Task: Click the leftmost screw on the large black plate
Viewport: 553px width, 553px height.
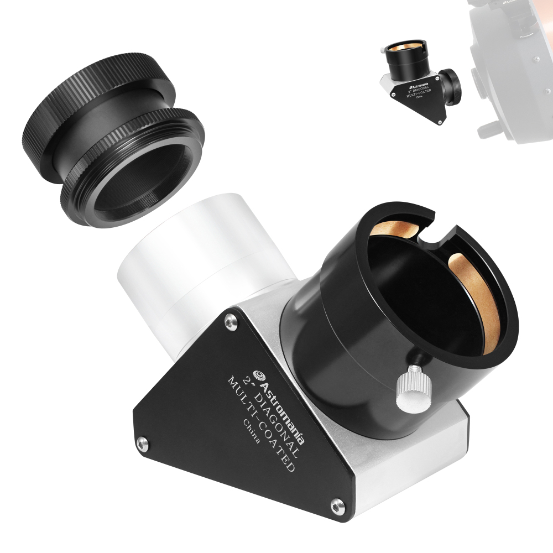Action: [x=142, y=441]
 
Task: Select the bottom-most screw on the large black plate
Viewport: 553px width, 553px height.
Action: [x=336, y=503]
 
